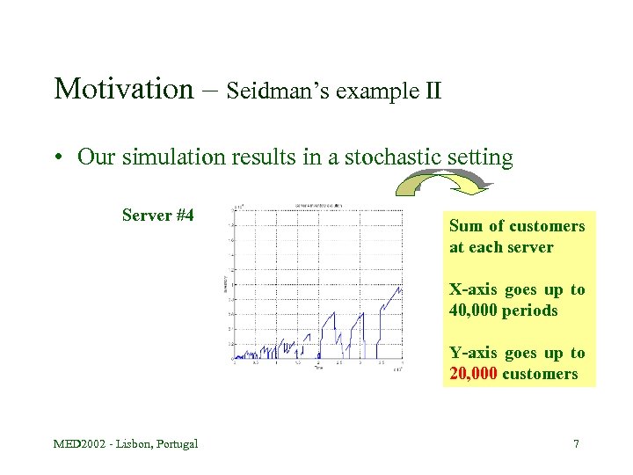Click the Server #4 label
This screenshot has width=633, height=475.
coord(157,216)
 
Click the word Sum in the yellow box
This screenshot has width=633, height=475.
coord(466,226)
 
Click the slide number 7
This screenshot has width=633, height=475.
coord(576,443)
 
